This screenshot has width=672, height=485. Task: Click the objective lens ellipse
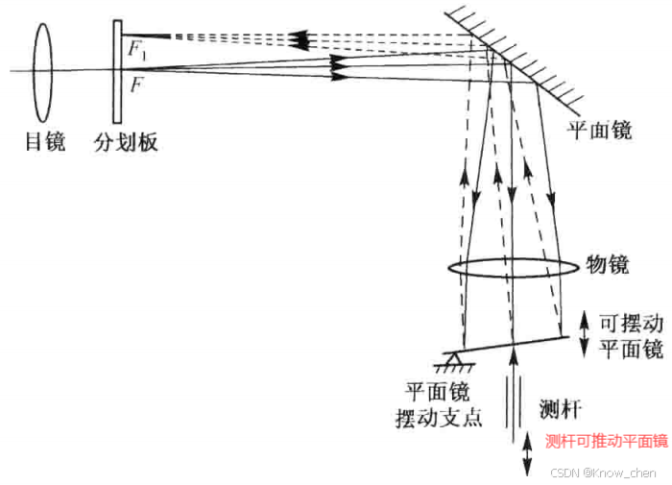[507, 268]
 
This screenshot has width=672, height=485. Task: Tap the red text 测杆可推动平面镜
[606, 441]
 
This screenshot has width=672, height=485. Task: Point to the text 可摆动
[631, 325]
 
